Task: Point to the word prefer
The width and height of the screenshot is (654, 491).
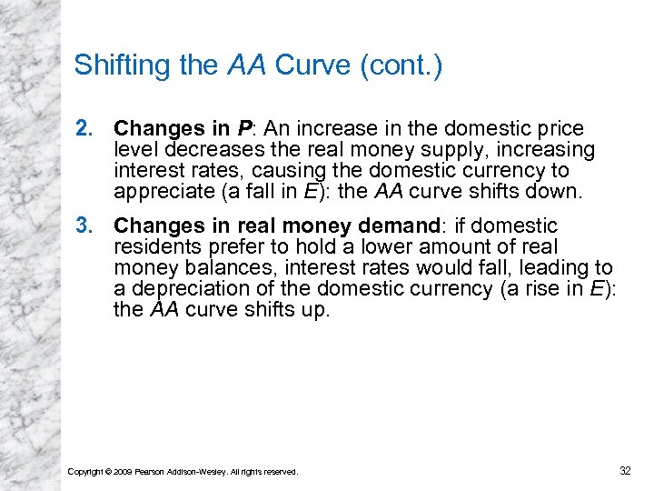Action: click(x=223, y=246)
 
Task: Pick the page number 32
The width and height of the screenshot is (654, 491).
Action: click(x=624, y=470)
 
